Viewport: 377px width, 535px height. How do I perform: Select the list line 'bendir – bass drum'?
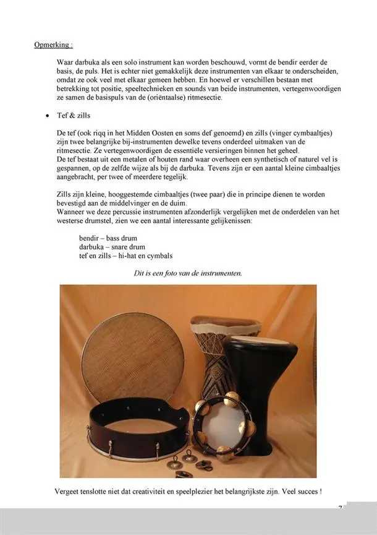click(x=108, y=238)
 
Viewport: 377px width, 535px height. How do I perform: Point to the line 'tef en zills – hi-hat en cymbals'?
click(x=125, y=255)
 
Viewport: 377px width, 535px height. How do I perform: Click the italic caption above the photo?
click(x=188, y=272)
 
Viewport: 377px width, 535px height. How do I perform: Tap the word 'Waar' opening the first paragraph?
click(x=65, y=63)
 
